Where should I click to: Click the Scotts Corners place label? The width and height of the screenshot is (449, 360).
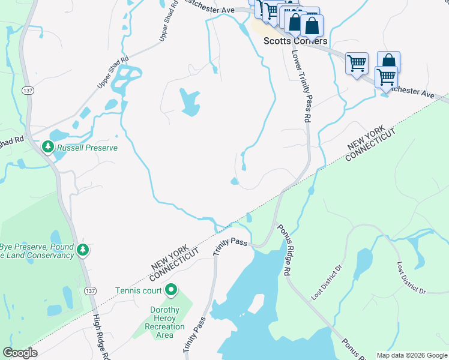coord(296,41)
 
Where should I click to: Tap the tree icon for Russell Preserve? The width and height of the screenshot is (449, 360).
coord(47,146)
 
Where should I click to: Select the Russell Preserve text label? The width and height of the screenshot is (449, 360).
coord(87,147)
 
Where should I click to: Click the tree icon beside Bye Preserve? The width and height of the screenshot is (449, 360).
coord(85,249)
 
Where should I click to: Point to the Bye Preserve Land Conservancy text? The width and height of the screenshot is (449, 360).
coord(37,251)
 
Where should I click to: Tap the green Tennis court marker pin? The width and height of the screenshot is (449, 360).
coord(171,290)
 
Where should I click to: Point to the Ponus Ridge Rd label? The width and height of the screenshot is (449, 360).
coord(283,250)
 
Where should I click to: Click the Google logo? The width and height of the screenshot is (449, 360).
coord(20,353)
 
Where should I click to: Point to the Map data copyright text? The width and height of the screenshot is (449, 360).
coord(411,355)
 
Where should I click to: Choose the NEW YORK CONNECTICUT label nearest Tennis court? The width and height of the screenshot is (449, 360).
coord(175,262)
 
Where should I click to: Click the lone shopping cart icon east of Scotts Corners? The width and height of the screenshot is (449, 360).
coord(356,62)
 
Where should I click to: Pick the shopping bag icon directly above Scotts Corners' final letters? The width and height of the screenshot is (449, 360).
coord(312,25)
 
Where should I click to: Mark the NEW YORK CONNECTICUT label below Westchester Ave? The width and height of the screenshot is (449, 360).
coord(372,143)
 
